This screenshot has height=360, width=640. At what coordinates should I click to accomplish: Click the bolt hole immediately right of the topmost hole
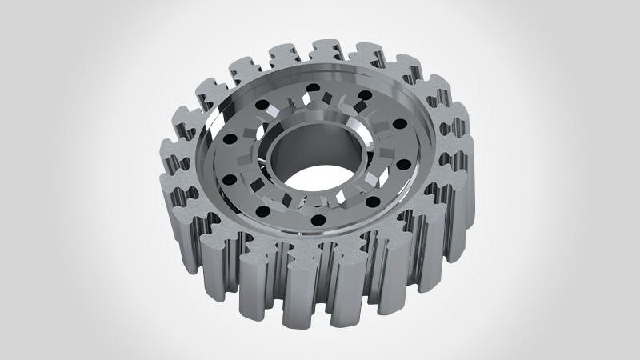[x=365, y=97]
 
